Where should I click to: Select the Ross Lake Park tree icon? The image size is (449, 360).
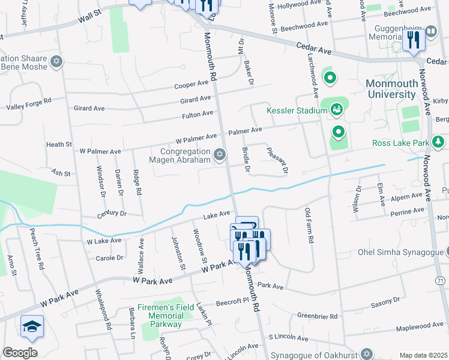tap(439, 142)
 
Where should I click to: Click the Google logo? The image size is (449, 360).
tap(20, 353)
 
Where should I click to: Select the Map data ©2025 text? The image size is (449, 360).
tap(423, 355)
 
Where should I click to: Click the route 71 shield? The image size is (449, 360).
tap(441, 281)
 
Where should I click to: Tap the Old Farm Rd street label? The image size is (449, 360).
tap(309, 226)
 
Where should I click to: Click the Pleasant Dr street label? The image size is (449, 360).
tap(277, 161)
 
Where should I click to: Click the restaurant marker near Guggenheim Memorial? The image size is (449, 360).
tap(414, 40)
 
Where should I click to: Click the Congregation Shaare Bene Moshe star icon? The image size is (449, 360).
tap(58, 61)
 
